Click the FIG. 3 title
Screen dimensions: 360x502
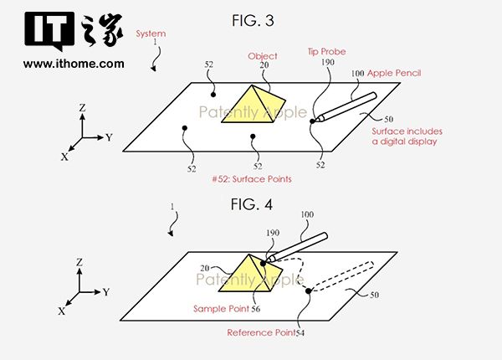click(253, 19)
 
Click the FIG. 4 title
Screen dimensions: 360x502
click(253, 203)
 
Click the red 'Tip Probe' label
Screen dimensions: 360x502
click(327, 52)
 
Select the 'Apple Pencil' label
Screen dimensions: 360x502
click(393, 74)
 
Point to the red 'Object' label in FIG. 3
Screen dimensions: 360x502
click(262, 56)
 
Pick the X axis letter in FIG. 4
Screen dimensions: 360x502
click(62, 311)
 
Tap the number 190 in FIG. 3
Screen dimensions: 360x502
click(327, 62)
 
